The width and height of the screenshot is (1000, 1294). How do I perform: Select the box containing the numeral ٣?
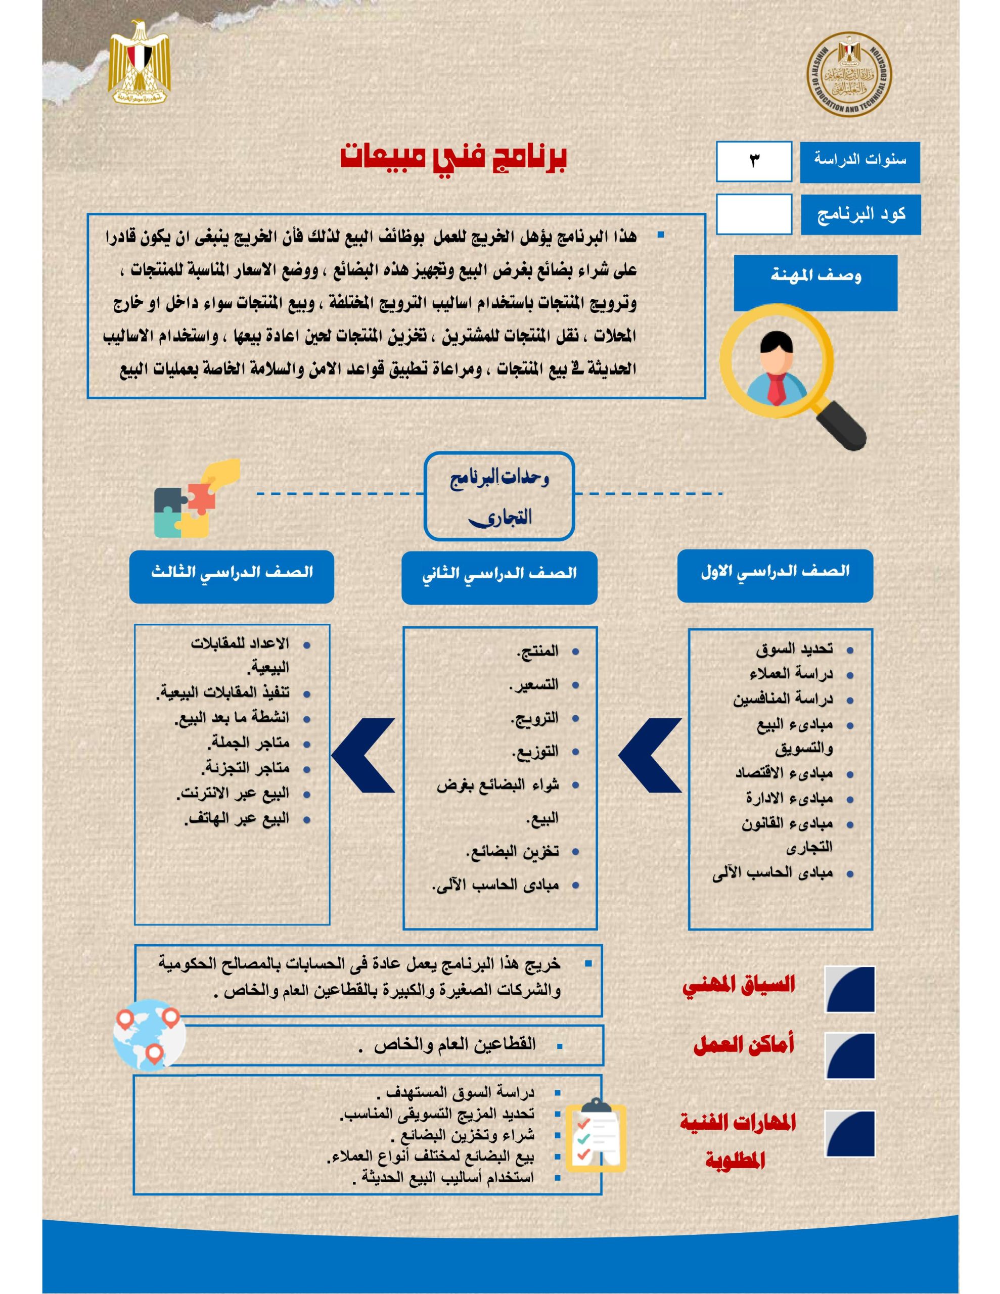[x=753, y=161]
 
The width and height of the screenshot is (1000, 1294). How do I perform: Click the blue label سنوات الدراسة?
[x=859, y=161]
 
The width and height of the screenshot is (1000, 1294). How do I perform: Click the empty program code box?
[x=753, y=214]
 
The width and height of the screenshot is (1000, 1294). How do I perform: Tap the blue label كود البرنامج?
[x=860, y=214]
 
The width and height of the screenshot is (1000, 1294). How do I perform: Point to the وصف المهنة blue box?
[x=815, y=283]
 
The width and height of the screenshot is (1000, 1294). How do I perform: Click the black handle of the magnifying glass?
[x=842, y=424]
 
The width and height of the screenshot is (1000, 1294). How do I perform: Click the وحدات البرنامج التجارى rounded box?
[x=499, y=496]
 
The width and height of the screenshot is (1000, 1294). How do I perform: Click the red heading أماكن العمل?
[x=743, y=1046]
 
